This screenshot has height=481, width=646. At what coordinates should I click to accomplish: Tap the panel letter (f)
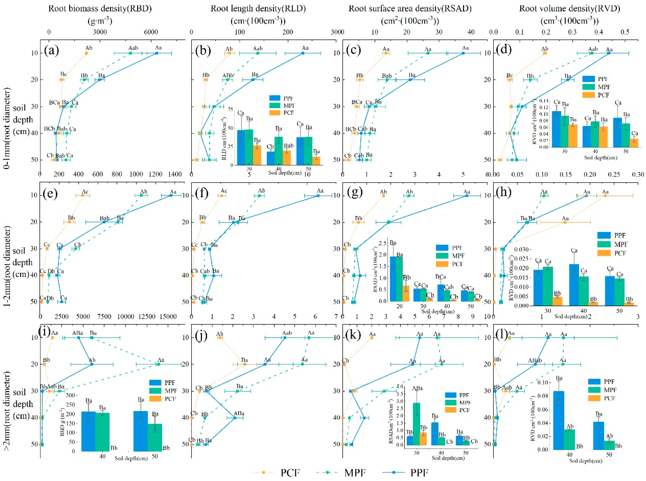pos(202,193)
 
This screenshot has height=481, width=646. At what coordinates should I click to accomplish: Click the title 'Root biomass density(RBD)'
pos(100,8)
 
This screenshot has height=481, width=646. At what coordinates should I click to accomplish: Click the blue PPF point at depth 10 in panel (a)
pos(157,53)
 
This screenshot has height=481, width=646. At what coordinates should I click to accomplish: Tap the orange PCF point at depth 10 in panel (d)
pos(545,53)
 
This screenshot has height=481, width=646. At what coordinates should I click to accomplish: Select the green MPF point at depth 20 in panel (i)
pos(159,364)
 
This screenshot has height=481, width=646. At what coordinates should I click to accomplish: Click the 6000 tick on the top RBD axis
pos(151,32)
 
